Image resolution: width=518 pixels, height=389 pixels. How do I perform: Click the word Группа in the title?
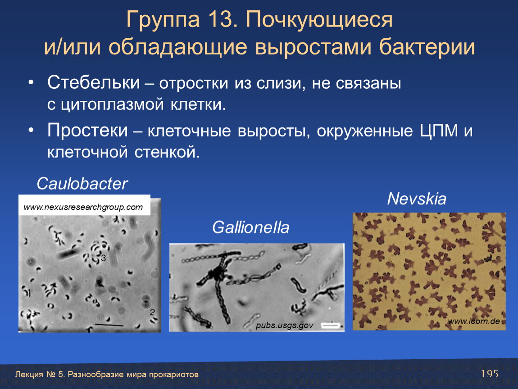click(163, 20)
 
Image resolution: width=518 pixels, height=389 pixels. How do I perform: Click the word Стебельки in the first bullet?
click(94, 82)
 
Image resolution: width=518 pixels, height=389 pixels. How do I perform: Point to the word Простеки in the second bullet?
click(87, 131)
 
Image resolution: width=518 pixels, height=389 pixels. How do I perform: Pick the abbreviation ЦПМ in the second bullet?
click(439, 131)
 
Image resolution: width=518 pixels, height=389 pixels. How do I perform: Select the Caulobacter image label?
click(82, 184)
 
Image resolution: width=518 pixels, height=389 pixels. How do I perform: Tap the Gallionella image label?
click(251, 227)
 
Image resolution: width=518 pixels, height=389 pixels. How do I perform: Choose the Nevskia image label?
click(417, 199)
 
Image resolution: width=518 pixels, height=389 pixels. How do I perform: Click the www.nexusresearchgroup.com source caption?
click(83, 207)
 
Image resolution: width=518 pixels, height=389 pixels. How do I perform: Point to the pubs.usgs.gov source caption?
click(284, 325)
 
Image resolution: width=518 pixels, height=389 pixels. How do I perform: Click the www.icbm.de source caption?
click(474, 321)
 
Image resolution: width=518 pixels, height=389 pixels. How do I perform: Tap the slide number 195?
click(490, 374)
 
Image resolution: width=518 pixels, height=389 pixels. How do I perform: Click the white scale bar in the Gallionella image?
click(331, 326)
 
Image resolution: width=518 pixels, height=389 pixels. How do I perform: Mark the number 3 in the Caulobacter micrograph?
click(104, 258)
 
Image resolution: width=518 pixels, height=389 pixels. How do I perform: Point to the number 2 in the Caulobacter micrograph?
click(152, 312)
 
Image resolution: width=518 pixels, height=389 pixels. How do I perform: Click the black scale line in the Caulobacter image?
click(109, 325)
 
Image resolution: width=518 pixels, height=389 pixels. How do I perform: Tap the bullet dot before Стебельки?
click(31, 82)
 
